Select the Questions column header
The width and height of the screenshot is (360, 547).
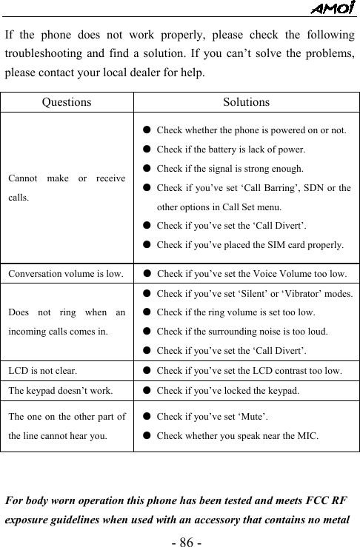[x=67, y=102]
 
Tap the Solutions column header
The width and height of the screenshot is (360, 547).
[x=247, y=102]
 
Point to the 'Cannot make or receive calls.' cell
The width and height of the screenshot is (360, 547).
[x=67, y=188]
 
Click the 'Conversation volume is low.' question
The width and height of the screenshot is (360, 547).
[x=66, y=274]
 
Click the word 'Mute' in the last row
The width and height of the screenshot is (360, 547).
[x=256, y=417]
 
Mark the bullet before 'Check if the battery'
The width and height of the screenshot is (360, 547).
[x=148, y=150]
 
